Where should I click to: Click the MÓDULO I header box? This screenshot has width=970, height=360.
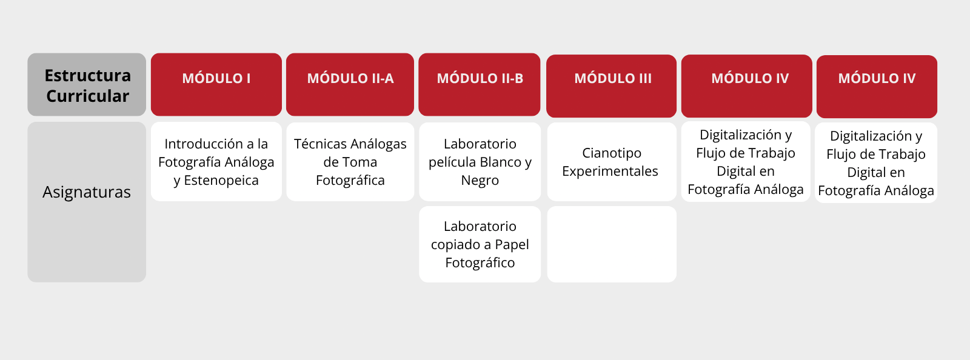pyautogui.click(x=216, y=84)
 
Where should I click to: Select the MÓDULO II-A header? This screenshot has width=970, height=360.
pyautogui.click(x=350, y=84)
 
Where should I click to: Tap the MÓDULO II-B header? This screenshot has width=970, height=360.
pyautogui.click(x=480, y=84)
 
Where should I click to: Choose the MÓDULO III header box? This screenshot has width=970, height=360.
pyautogui.click(x=612, y=85)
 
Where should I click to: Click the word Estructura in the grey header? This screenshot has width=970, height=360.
pyautogui.click(x=87, y=76)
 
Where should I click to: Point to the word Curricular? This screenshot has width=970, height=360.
pyautogui.click(x=87, y=96)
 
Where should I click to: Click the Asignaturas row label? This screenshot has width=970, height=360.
pyautogui.click(x=87, y=192)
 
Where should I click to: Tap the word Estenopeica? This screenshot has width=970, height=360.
pyautogui.click(x=221, y=181)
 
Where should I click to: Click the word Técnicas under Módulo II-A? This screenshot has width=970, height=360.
pyautogui.click(x=320, y=144)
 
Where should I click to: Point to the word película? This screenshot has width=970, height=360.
pyautogui.click(x=453, y=162)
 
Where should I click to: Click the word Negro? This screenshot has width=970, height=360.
pyautogui.click(x=480, y=181)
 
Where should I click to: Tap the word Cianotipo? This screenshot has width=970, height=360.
pyautogui.click(x=612, y=153)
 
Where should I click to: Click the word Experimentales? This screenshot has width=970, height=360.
pyautogui.click(x=610, y=172)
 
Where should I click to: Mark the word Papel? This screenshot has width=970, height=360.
pyautogui.click(x=512, y=244)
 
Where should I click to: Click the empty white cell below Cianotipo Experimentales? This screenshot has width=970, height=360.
pyautogui.click(x=612, y=244)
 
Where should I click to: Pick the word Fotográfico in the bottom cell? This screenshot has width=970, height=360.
pyautogui.click(x=480, y=263)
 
